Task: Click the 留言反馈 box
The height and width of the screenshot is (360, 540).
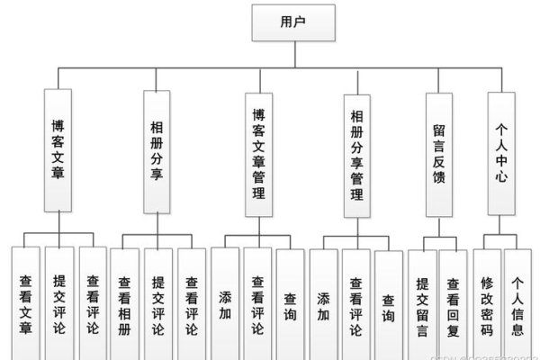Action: click(x=439, y=151)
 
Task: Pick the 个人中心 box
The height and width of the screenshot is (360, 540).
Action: click(x=502, y=151)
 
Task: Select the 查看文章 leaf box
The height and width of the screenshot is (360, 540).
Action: click(x=26, y=304)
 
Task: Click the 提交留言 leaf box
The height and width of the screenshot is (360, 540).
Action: click(x=421, y=304)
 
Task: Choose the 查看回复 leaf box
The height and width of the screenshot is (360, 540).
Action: click(x=453, y=304)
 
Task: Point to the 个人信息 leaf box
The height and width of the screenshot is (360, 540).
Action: click(x=517, y=304)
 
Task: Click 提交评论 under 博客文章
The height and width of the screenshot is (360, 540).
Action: click(x=59, y=304)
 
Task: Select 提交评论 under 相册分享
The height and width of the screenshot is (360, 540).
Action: click(x=157, y=304)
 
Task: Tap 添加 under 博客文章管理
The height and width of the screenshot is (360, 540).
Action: click(x=225, y=304)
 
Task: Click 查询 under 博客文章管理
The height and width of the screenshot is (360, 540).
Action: click(x=290, y=304)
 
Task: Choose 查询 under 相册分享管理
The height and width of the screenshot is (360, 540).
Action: click(x=388, y=304)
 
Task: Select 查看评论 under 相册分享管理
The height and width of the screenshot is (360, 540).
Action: click(x=355, y=304)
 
